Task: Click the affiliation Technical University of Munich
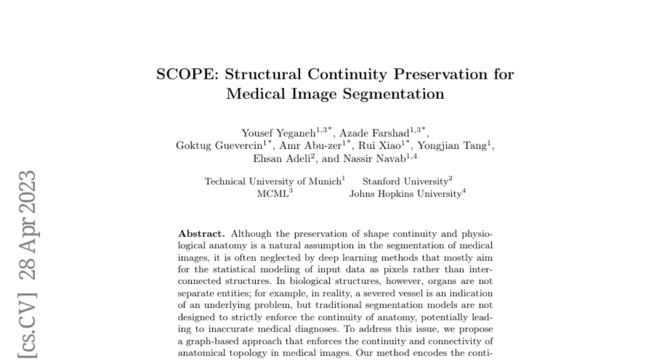tap(272, 182)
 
